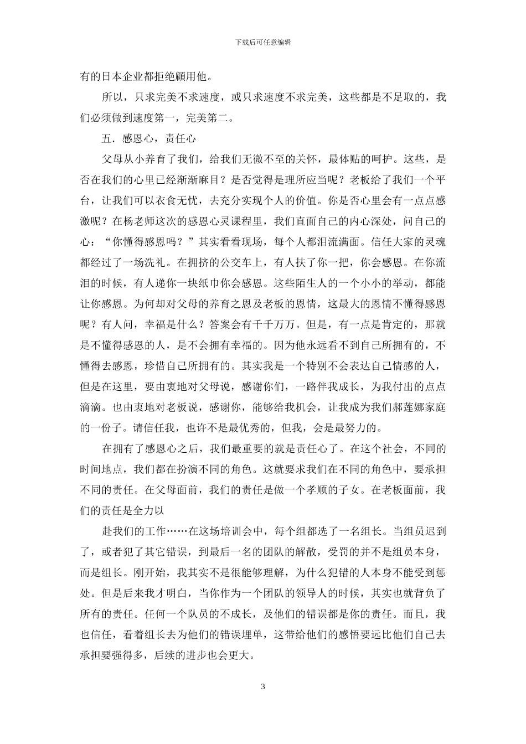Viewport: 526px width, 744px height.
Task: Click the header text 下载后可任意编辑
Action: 263,42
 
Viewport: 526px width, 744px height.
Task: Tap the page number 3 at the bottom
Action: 263,687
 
